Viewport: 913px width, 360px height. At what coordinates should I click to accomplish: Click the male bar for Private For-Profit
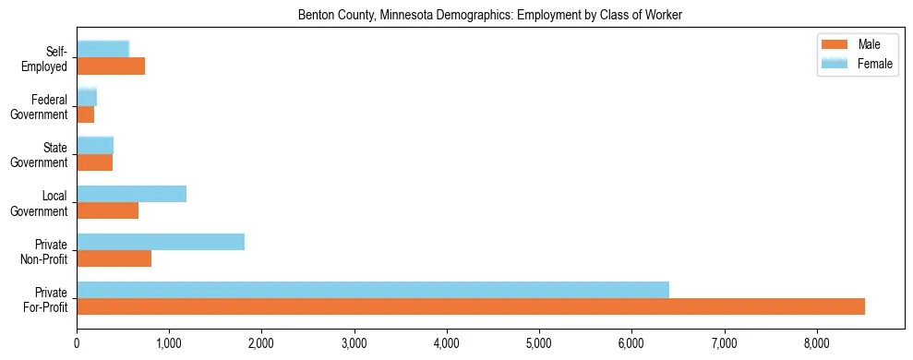click(470, 306)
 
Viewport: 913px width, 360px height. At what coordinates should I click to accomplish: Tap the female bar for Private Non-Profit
click(160, 242)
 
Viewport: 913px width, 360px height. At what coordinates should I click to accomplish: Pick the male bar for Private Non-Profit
click(114, 258)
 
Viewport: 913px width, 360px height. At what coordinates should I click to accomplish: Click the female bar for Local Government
click(131, 194)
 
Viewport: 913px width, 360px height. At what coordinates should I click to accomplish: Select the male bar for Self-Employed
click(111, 66)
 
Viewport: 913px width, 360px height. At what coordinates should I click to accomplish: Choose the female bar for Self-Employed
click(102, 50)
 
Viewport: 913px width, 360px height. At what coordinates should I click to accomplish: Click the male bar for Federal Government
click(85, 114)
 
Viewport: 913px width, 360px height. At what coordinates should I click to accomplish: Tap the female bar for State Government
click(94, 146)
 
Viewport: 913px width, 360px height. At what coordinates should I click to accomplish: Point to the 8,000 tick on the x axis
click(817, 343)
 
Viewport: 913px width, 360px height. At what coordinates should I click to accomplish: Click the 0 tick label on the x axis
click(77, 343)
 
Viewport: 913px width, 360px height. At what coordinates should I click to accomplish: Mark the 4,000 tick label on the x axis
click(447, 343)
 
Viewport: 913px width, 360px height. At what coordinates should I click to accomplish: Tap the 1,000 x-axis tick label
click(169, 343)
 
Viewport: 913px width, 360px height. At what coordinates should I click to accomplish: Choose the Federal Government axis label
click(40, 107)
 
